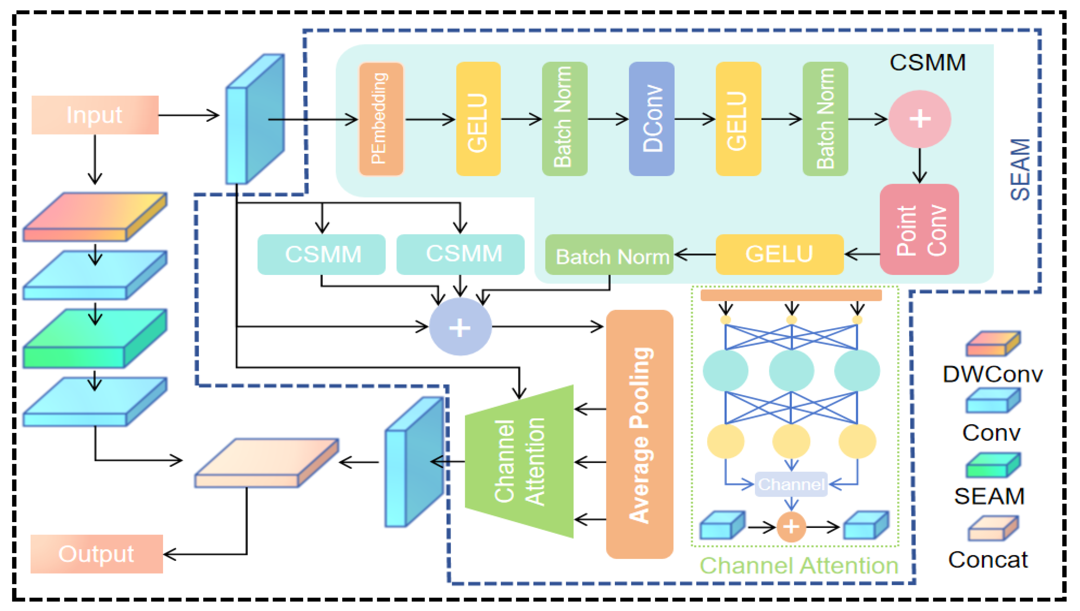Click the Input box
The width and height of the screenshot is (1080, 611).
click(x=95, y=115)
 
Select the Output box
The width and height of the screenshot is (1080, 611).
click(x=96, y=554)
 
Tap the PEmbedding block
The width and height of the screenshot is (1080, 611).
click(x=381, y=119)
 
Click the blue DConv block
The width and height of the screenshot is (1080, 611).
click(x=651, y=119)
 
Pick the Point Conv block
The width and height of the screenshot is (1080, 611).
click(x=919, y=230)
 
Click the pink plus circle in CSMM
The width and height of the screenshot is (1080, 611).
click(x=919, y=119)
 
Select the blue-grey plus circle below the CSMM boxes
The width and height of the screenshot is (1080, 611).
click(x=460, y=327)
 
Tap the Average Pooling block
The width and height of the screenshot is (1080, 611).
click(x=640, y=434)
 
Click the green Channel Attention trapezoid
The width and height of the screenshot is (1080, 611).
click(x=519, y=462)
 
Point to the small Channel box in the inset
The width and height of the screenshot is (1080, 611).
click(x=791, y=484)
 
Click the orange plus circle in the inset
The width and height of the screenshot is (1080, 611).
click(x=791, y=527)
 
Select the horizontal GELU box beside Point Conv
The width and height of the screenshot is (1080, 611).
click(x=779, y=254)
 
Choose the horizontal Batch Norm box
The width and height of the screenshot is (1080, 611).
click(x=609, y=255)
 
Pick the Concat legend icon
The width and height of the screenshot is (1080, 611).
click(x=993, y=528)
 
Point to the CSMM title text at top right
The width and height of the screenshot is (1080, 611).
click(x=927, y=63)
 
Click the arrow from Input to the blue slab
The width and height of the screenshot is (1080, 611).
click(x=189, y=115)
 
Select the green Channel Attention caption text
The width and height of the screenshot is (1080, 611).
click(x=798, y=565)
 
